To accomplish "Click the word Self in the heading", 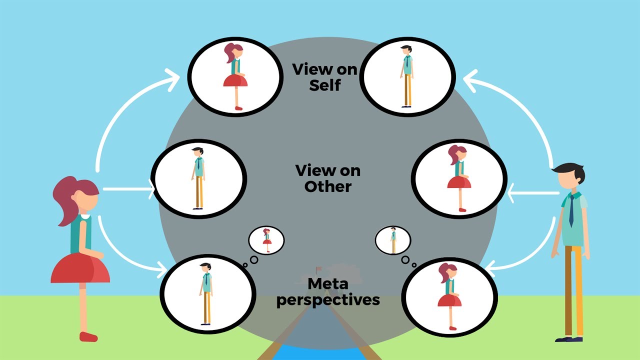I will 324,85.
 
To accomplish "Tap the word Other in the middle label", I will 328,186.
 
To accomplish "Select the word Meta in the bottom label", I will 328,284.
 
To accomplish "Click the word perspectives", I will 328,300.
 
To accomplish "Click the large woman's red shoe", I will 88,336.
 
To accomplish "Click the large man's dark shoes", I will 569,339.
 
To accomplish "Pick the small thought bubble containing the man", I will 393,240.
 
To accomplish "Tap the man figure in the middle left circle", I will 198,178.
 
